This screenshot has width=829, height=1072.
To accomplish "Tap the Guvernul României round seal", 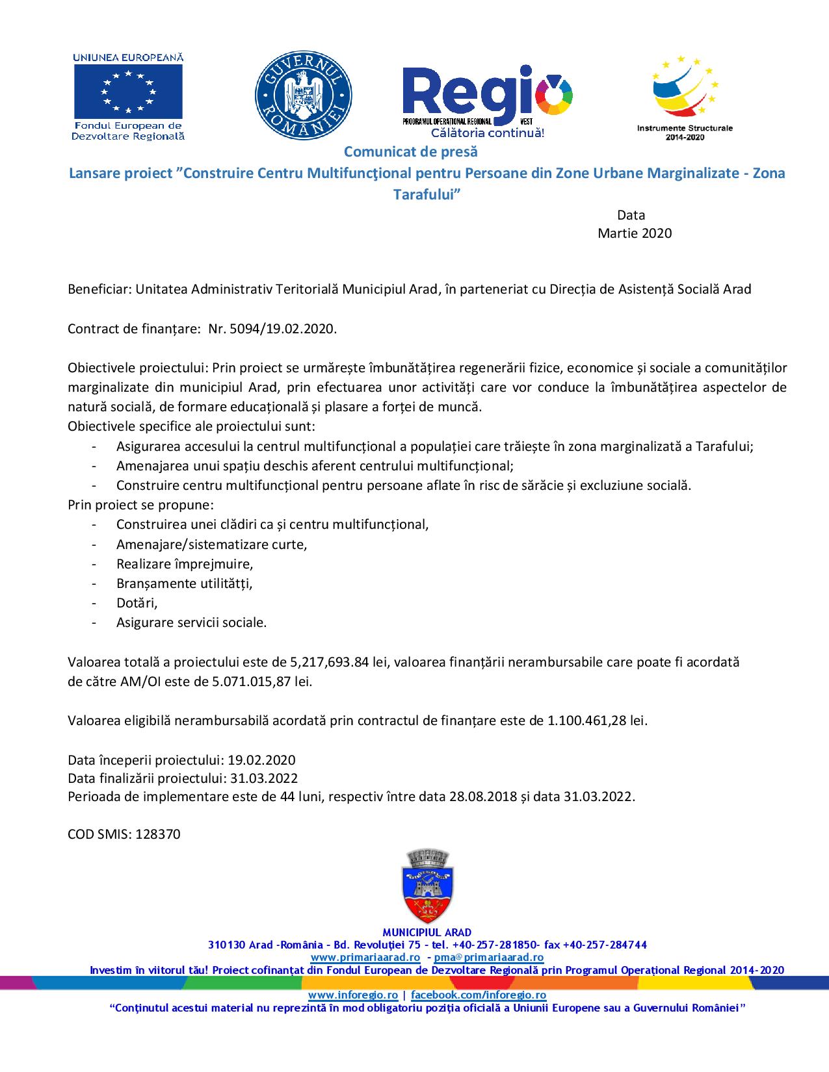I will pyautogui.click(x=303, y=95).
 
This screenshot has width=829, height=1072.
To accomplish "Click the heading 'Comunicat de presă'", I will pyautogui.click(x=410, y=152).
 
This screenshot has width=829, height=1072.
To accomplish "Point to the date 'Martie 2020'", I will pyautogui.click(x=634, y=233).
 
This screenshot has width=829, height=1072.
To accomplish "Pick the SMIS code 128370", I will pyautogui.click(x=158, y=834).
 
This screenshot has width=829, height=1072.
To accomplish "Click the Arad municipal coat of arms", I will pyautogui.click(x=427, y=886).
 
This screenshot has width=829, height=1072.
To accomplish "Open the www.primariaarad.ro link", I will pyautogui.click(x=365, y=958).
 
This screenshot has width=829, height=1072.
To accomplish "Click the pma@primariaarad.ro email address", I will pyautogui.click(x=489, y=958).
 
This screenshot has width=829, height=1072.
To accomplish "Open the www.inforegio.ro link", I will pyautogui.click(x=352, y=995).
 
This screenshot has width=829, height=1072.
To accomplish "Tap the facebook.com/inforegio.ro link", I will pyautogui.click(x=479, y=995).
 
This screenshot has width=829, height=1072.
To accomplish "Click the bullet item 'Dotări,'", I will pyautogui.click(x=137, y=603).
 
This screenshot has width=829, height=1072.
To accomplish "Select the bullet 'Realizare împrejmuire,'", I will pyautogui.click(x=185, y=564).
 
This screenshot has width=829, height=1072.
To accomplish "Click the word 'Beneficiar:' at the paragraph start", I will pyautogui.click(x=99, y=290).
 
